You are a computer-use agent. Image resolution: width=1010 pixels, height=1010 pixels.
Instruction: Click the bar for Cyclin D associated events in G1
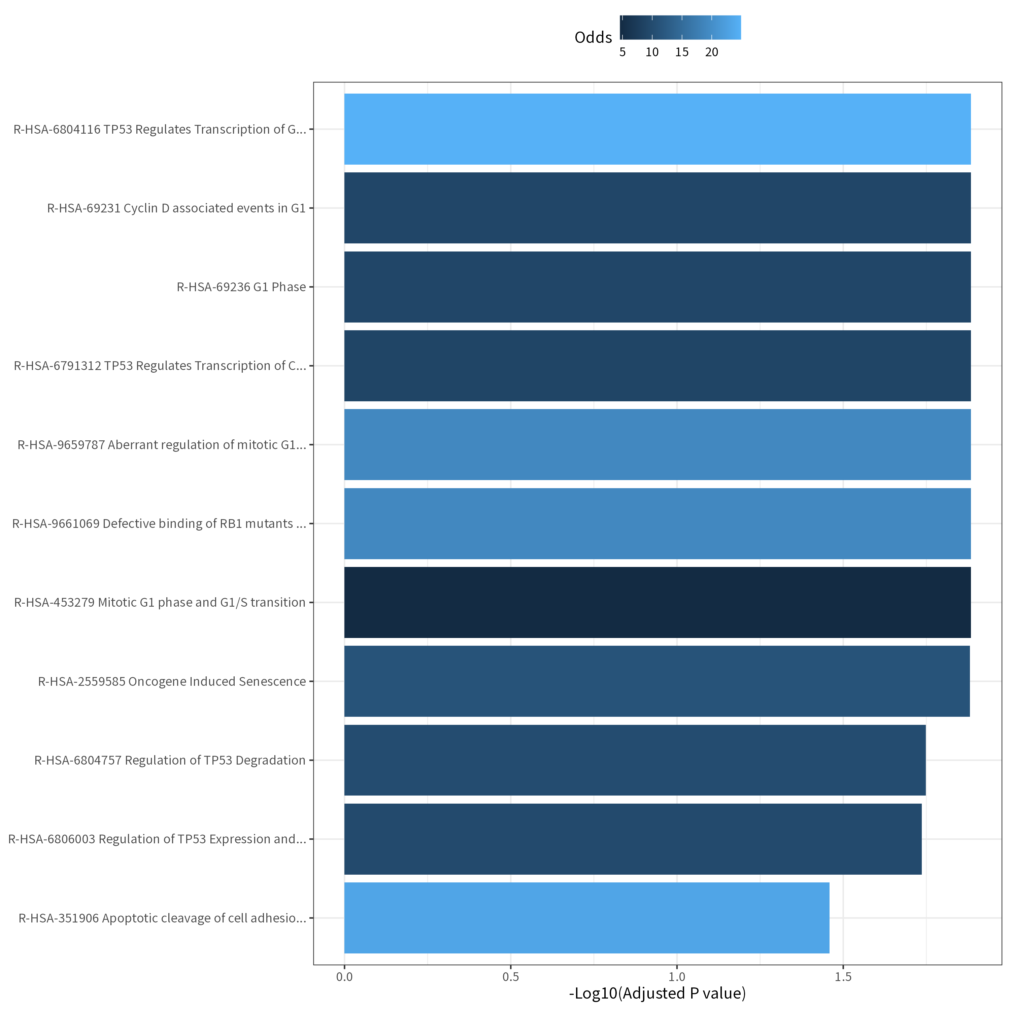coord(657,208)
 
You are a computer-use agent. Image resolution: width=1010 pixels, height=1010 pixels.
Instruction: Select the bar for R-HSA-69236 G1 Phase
coord(657,287)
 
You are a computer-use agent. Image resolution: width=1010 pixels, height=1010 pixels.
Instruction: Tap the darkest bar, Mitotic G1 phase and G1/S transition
coord(657,602)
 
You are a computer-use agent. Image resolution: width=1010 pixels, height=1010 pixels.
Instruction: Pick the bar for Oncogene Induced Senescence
coord(656,681)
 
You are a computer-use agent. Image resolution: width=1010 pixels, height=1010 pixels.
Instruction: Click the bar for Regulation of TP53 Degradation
coord(635,760)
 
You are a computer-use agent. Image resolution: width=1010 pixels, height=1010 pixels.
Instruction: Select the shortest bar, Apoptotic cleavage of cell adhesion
coord(586,918)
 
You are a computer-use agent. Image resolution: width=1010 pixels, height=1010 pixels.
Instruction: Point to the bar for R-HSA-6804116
coord(657,129)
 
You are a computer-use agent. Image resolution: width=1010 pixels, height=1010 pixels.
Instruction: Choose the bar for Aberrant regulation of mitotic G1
coord(657,444)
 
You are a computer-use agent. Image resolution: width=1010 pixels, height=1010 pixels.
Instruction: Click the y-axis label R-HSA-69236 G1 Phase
coord(241,287)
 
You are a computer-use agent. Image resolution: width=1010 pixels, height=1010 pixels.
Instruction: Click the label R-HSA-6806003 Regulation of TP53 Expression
coord(157,839)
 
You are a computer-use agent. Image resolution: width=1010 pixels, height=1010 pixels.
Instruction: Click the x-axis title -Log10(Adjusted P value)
coord(657,993)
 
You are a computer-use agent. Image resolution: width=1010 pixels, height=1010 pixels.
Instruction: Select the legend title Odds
coord(593,37)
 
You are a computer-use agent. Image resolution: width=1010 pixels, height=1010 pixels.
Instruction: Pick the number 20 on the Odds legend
coord(711,52)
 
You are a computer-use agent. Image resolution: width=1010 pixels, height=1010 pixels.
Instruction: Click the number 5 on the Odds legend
coord(622,52)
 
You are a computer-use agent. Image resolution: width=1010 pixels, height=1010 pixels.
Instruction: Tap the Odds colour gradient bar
coord(680,27)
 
